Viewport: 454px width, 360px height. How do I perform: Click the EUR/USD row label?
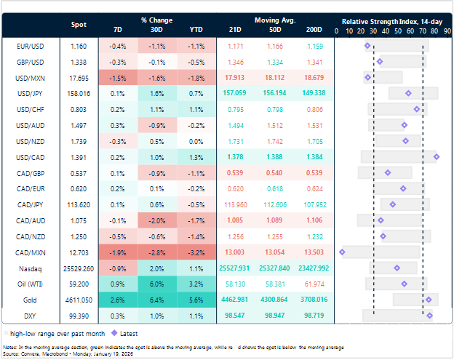(28, 46)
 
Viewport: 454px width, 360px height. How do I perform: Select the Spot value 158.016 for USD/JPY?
(78, 93)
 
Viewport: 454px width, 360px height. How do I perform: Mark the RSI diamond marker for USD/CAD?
(436, 156)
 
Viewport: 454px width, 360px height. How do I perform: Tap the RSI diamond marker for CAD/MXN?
(342, 252)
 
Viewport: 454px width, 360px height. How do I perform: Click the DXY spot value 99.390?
(78, 315)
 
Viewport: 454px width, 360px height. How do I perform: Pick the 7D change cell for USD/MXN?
(118, 77)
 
